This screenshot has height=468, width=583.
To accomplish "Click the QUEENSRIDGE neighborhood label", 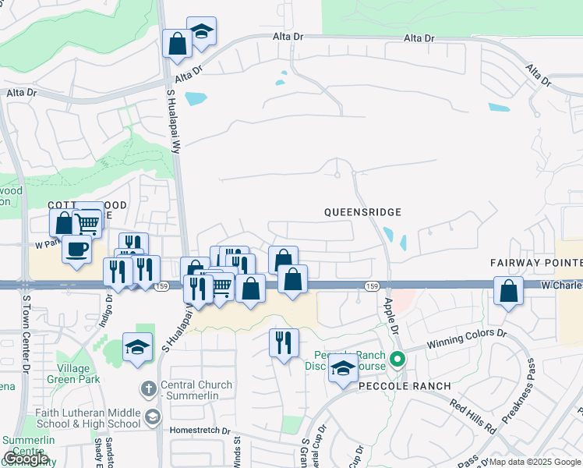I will (x=362, y=212).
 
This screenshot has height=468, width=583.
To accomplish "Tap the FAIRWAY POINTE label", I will (x=536, y=263).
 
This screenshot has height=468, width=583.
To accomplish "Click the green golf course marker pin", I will (x=397, y=360).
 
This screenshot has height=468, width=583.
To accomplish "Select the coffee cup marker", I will (x=76, y=250).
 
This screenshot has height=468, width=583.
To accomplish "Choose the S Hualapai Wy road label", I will (x=172, y=118).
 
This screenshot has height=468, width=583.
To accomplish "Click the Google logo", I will (x=26, y=459).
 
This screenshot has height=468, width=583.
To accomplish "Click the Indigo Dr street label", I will (x=108, y=312).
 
